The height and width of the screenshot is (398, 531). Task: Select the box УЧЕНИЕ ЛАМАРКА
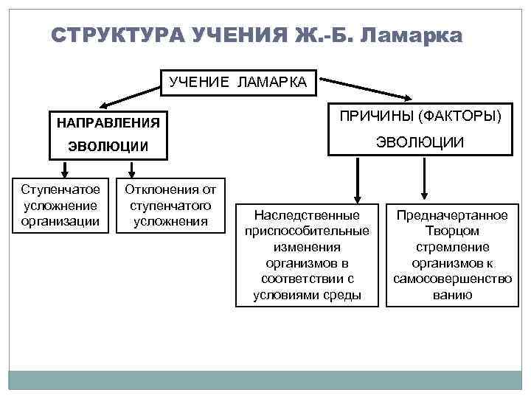tap(238, 83)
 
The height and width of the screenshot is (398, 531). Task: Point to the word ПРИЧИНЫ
tap(375, 115)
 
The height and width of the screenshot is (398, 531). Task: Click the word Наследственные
tap(307, 215)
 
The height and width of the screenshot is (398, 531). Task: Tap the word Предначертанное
tap(452, 215)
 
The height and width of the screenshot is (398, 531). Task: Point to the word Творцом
tap(452, 231)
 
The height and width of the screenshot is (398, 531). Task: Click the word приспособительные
tap(307, 231)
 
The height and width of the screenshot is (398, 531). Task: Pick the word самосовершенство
tap(452, 280)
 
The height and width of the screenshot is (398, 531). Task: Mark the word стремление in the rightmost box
tap(452, 248)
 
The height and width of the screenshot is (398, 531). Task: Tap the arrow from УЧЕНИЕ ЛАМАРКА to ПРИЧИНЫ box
tap(366, 85)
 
